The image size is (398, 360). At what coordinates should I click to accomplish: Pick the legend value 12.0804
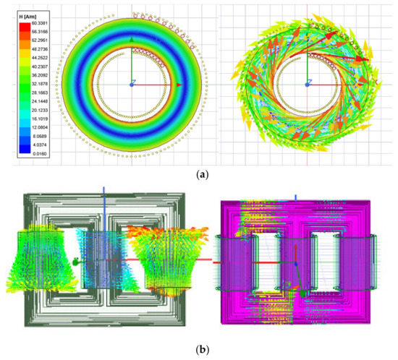tap(41, 124)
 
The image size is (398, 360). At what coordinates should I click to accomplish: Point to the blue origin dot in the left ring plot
tap(131, 85)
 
